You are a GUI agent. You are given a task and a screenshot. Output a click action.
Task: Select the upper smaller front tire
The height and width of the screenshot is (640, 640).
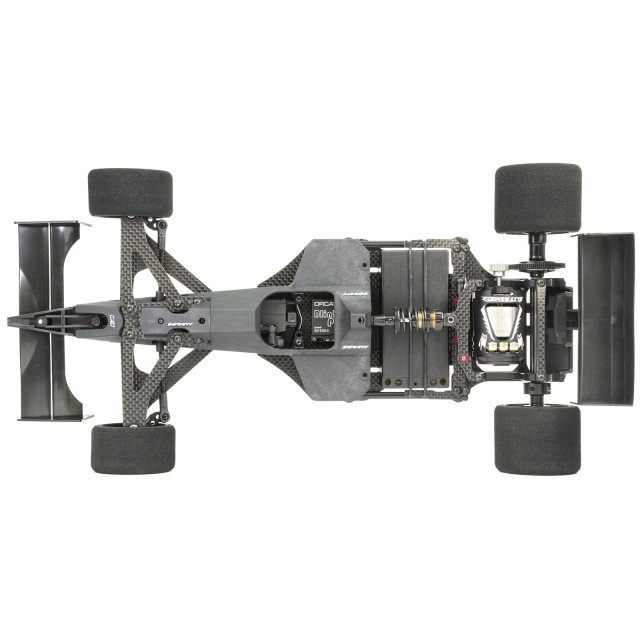coord(130,192)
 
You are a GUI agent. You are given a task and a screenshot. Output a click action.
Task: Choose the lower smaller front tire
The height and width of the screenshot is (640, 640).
coord(133,448)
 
